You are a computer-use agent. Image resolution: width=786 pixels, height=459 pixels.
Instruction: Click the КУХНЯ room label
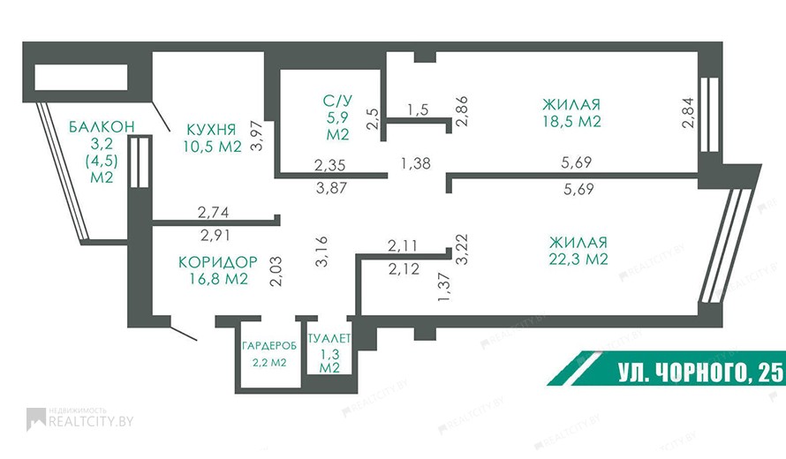click(x=210, y=129)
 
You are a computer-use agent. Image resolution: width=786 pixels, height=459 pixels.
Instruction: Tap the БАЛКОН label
click(x=102, y=126)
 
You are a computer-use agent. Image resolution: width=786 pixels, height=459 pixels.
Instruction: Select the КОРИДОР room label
click(x=217, y=261)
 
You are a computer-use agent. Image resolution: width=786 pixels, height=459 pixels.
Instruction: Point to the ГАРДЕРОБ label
click(x=269, y=346)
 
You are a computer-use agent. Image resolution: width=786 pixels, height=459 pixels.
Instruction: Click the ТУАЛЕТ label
click(x=329, y=338)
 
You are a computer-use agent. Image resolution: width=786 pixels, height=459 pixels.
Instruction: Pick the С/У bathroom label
click(x=337, y=101)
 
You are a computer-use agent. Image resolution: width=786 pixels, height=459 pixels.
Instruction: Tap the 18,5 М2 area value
click(x=571, y=121)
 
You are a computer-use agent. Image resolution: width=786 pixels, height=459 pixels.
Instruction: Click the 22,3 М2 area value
click(x=578, y=259)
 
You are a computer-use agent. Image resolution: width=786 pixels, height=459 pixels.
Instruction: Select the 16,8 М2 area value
click(x=218, y=279)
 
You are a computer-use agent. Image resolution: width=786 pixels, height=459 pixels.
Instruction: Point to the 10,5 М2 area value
click(x=213, y=147)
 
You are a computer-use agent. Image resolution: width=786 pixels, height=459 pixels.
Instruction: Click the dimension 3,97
click(x=257, y=135)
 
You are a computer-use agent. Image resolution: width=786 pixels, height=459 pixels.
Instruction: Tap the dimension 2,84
click(x=689, y=113)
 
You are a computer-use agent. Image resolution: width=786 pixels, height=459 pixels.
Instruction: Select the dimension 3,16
click(x=321, y=252)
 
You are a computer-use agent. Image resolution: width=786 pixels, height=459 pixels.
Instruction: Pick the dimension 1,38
click(x=416, y=163)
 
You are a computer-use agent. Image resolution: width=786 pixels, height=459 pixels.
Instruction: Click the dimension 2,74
click(x=214, y=213)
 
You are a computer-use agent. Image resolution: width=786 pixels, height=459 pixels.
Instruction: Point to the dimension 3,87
click(x=332, y=188)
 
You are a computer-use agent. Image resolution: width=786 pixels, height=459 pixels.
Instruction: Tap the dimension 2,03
click(x=276, y=271)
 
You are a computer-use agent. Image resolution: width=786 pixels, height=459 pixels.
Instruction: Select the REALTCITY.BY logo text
click(x=91, y=421)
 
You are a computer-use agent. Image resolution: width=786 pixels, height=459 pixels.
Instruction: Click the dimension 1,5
click(x=418, y=109)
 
